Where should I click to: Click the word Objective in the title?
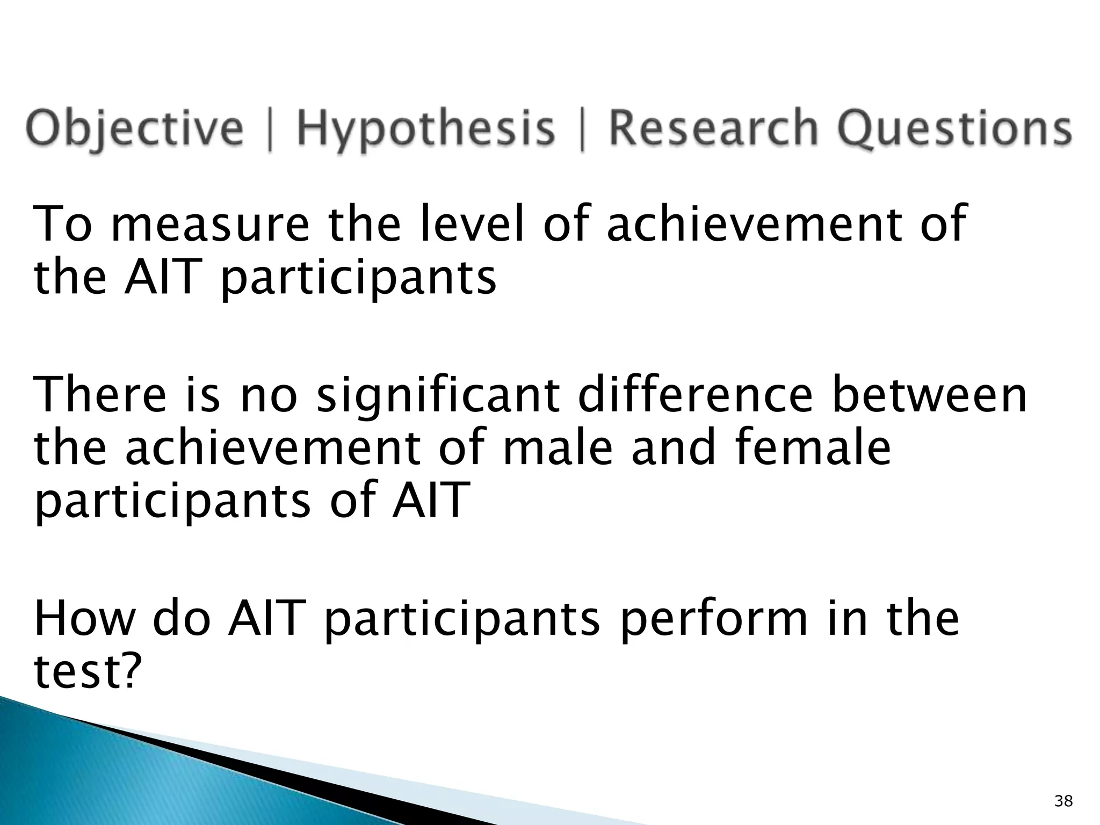pos(134,129)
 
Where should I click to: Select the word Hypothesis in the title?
pos(425,129)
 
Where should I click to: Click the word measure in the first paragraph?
pos(210,225)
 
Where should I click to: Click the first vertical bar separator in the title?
pos(269,129)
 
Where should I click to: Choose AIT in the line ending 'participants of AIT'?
pos(428,500)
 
